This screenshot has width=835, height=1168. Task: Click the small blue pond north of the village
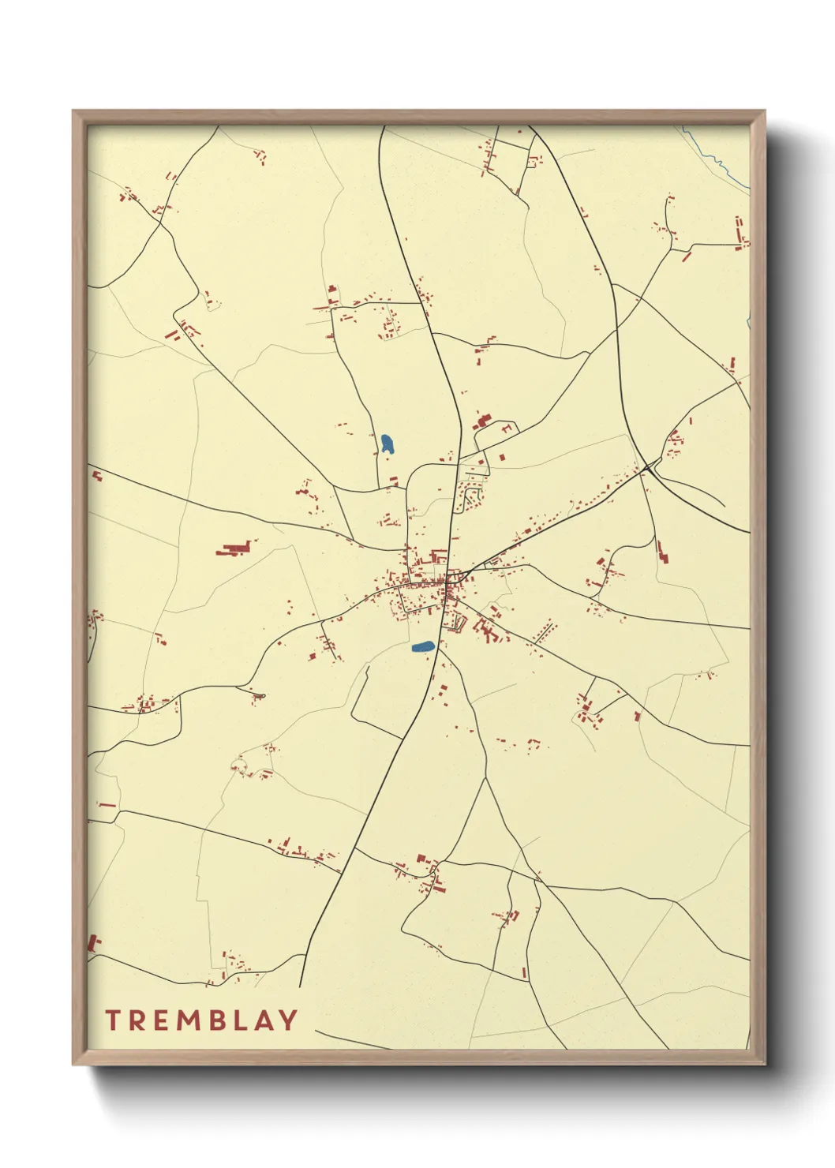[387, 444]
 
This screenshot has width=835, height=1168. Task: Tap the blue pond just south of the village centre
[423, 647]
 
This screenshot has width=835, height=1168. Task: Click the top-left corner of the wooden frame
[74, 112]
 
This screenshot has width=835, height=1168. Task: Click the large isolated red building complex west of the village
[234, 548]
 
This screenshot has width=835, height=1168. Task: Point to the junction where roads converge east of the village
[647, 468]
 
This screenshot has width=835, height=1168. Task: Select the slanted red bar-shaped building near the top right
[687, 255]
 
